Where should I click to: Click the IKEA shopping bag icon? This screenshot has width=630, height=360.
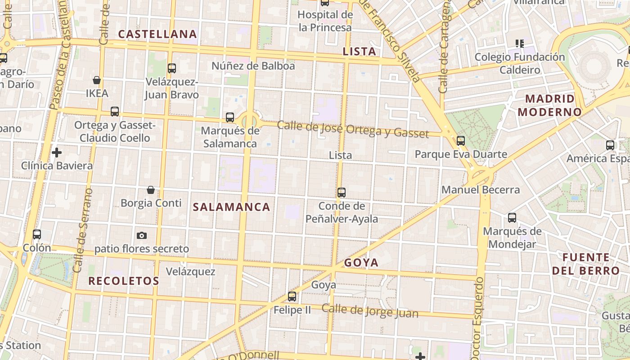click(x=96, y=81)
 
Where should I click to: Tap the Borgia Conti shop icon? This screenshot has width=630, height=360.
click(x=151, y=190)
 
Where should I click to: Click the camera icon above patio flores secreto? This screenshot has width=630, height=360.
click(x=142, y=235)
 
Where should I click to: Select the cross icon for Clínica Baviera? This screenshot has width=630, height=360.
click(x=57, y=153)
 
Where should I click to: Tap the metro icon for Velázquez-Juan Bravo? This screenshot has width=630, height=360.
click(x=171, y=68)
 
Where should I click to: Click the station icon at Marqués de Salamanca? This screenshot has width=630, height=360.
click(x=230, y=117)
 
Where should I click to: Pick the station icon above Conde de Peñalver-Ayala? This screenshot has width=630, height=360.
click(x=342, y=193)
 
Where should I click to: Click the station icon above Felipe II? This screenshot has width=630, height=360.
click(x=292, y=297)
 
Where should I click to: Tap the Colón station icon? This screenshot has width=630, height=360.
click(x=37, y=234)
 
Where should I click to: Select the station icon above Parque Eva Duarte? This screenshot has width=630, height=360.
click(x=461, y=141)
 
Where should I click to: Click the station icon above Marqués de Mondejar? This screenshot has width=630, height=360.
click(x=512, y=218)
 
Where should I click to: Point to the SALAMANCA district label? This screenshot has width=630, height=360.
click(x=232, y=207)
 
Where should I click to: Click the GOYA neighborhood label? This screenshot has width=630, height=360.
click(x=361, y=263)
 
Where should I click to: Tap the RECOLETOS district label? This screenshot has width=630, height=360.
click(x=124, y=281)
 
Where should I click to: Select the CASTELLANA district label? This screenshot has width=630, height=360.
click(x=157, y=34)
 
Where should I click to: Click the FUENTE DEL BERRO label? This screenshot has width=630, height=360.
click(x=586, y=264)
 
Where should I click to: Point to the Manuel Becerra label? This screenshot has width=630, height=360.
click(x=481, y=190)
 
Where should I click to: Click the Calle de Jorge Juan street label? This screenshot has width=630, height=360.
click(x=370, y=311)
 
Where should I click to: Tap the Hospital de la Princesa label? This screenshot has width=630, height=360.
click(x=325, y=21)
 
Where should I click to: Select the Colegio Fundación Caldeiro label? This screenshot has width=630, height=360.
click(x=520, y=63)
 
